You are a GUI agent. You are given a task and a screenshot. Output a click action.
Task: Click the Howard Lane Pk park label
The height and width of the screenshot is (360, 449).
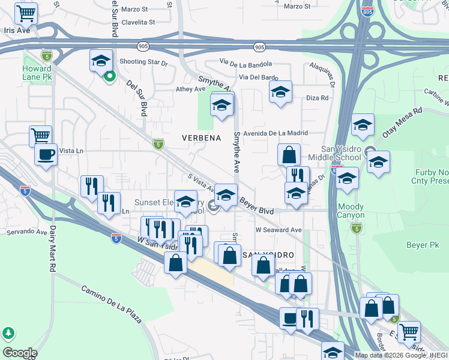tap(37, 74)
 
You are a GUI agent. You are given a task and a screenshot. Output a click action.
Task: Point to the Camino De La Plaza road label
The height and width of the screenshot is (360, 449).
tap(112, 304)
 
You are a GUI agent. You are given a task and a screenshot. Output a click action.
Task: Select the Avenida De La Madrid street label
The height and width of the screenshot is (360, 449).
tap(276, 133)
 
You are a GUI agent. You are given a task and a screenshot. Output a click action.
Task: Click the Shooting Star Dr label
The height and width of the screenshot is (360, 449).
tap(143, 62)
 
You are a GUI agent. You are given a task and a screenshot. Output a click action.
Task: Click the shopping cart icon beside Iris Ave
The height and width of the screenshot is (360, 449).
tap(26, 13)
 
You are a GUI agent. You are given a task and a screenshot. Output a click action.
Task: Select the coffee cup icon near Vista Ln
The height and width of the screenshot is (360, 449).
tap(46, 154)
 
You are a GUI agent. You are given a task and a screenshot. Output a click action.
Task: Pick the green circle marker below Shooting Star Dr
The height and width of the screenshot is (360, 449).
tap(110, 76)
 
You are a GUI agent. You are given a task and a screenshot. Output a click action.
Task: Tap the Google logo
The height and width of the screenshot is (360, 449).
tap(20, 352)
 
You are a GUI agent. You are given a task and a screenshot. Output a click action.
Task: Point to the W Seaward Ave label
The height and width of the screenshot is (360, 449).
tap(279, 230)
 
